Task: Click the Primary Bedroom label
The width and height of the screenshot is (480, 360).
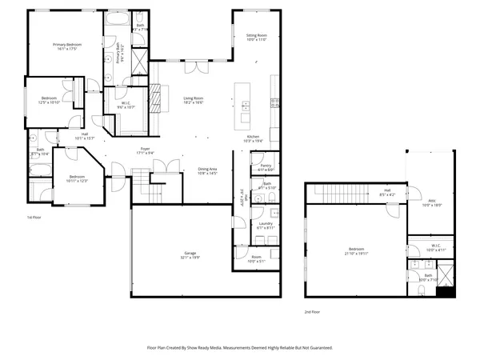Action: [x=70, y=44]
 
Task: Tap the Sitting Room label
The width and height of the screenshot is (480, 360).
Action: [x=256, y=36]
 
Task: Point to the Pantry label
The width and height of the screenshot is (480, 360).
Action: [x=266, y=166]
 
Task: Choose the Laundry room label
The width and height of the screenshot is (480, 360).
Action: [x=266, y=223]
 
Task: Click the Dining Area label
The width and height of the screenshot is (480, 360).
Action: [x=208, y=169]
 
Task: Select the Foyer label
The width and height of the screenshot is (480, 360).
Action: [x=146, y=149]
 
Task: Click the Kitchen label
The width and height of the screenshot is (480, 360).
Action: [x=253, y=138]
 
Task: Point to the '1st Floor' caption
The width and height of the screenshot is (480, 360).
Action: [x=34, y=216]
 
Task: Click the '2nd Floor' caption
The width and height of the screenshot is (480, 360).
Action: [x=311, y=311]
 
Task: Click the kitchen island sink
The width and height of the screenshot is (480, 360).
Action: [x=246, y=106]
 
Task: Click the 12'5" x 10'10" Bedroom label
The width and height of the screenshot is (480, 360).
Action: [x=50, y=99]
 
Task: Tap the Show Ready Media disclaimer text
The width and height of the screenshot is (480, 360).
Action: [x=240, y=348]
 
